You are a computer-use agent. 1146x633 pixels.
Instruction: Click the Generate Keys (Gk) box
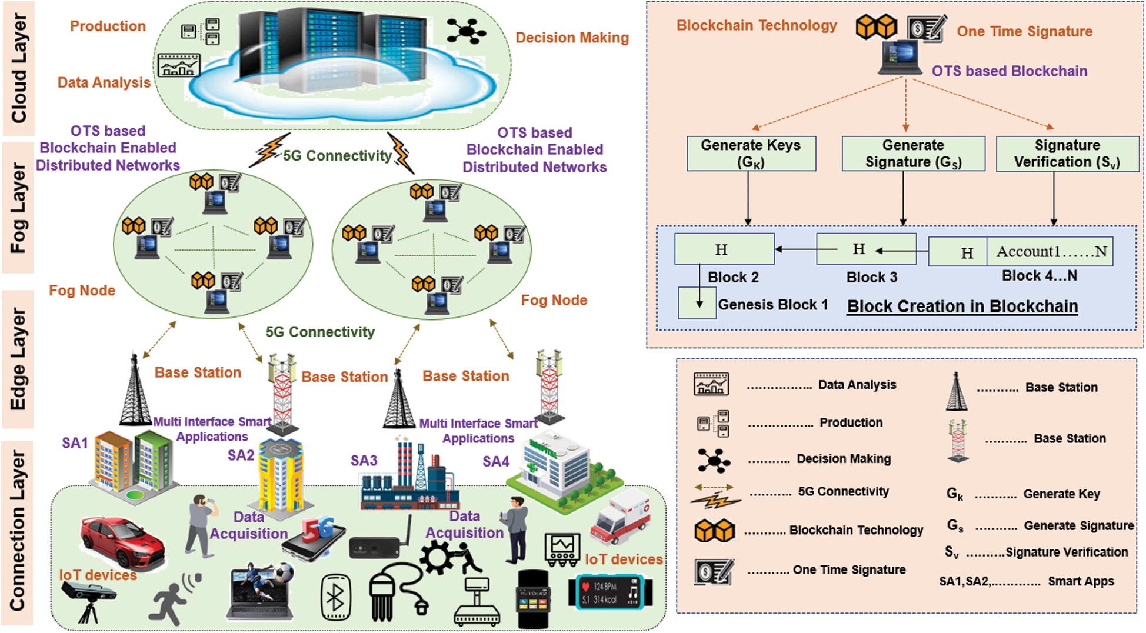click(751, 154)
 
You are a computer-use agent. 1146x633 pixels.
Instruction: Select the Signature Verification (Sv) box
click(1067, 154)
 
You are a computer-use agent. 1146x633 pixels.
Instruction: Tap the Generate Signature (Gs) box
click(913, 154)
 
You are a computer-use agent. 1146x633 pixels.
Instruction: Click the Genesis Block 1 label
click(772, 305)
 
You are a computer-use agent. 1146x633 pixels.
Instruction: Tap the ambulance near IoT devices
click(621, 518)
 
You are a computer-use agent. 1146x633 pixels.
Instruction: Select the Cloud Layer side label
click(19, 68)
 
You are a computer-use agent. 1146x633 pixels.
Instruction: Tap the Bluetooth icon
click(336, 598)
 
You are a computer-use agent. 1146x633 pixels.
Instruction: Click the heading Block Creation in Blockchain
click(962, 306)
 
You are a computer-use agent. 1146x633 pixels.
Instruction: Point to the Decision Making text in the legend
click(843, 459)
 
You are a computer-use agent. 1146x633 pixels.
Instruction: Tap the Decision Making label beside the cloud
click(571, 38)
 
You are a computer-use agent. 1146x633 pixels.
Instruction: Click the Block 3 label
click(871, 277)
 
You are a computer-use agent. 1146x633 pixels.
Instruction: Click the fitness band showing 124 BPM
click(609, 592)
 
